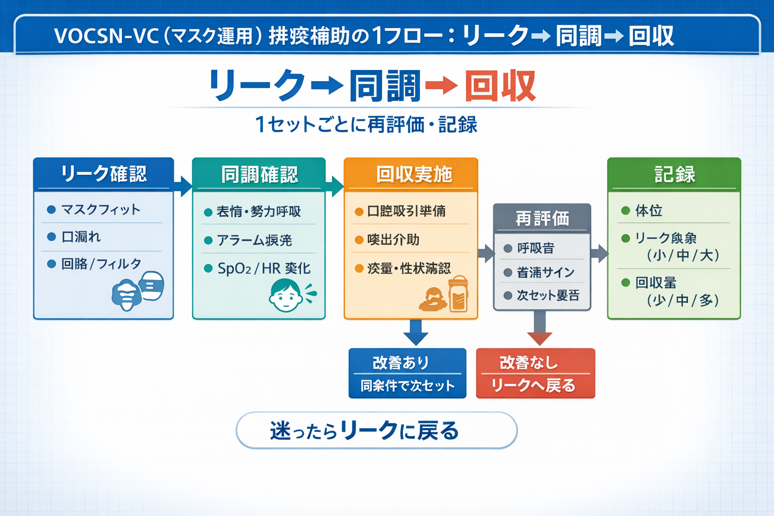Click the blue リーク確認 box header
(x=103, y=174)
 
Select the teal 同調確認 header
(x=259, y=174)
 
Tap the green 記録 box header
(x=674, y=174)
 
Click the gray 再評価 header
(x=542, y=218)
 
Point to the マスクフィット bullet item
(x=100, y=210)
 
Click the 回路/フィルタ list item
(x=101, y=264)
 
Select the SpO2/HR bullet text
(x=264, y=269)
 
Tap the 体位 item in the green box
(x=649, y=211)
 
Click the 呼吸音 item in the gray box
(x=535, y=248)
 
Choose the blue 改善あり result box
(x=407, y=373)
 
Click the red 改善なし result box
(x=535, y=373)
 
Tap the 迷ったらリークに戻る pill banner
(x=376, y=430)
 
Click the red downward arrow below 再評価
(x=540, y=331)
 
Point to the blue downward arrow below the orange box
(x=416, y=333)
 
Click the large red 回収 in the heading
(x=500, y=86)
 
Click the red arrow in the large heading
(x=441, y=86)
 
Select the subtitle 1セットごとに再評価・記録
(x=366, y=124)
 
